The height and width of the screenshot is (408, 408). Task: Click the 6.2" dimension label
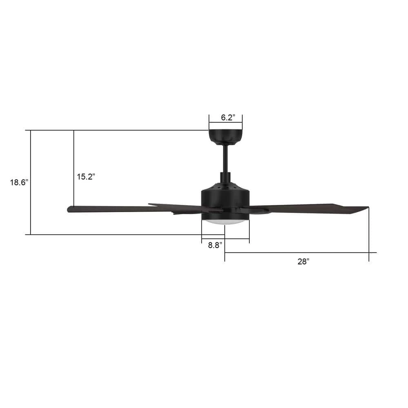point(228,118)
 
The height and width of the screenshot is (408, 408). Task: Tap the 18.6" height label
point(18,182)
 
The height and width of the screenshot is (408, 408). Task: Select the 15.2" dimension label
point(86,177)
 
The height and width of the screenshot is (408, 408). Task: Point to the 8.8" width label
point(215,246)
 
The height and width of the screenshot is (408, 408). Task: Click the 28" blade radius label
point(303,262)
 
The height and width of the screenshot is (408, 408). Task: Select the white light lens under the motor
point(224,221)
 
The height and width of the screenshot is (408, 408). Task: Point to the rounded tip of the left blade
point(70,209)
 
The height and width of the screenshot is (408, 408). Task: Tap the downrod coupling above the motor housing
point(225,177)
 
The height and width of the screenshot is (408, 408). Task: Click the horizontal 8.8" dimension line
point(225,239)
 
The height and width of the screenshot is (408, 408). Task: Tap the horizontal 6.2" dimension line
point(225,122)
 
